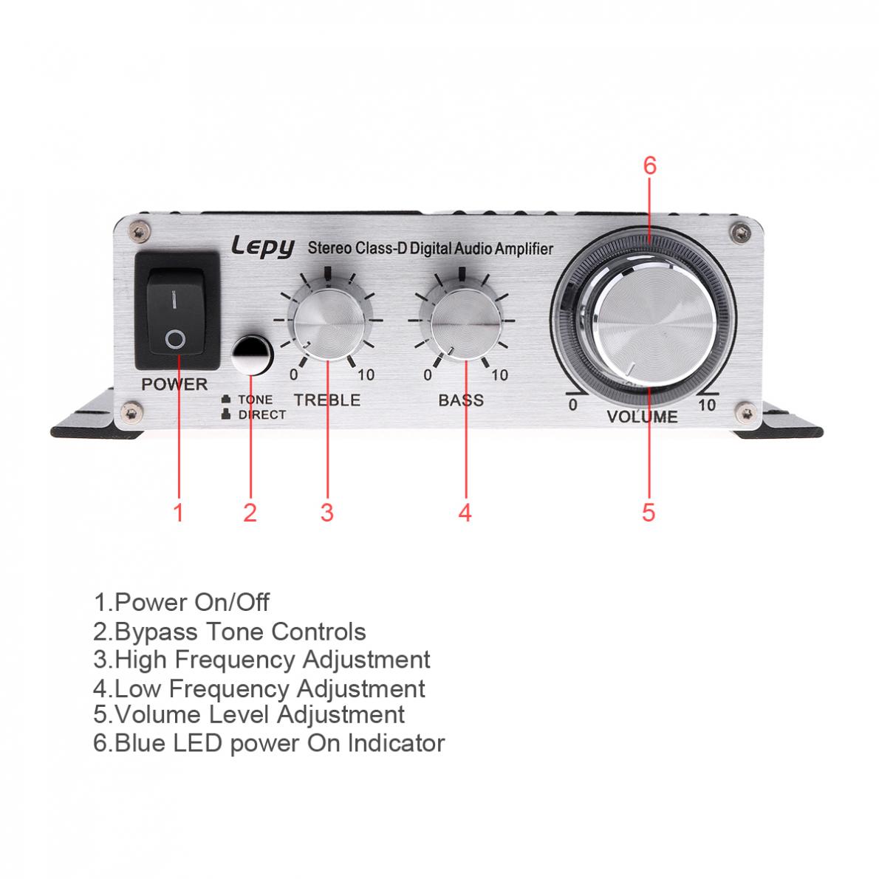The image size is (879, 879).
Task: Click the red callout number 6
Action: pyautogui.click(x=649, y=165)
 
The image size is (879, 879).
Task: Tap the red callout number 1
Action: pyautogui.click(x=178, y=511)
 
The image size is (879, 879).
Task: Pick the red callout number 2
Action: pyautogui.click(x=250, y=511)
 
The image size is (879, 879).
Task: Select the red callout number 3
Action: pyautogui.click(x=327, y=511)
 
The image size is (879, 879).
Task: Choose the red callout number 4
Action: pyautogui.click(x=465, y=511)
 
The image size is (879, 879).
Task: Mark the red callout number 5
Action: pyautogui.click(x=649, y=511)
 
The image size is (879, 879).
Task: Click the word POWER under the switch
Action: pyautogui.click(x=174, y=384)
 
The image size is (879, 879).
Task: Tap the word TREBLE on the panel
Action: pyautogui.click(x=327, y=400)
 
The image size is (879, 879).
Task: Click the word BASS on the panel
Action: pyautogui.click(x=461, y=400)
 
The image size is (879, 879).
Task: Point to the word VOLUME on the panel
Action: pyautogui.click(x=642, y=417)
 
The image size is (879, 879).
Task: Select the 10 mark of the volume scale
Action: pyautogui.click(x=707, y=405)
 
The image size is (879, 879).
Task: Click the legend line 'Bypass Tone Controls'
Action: pyautogui.click(x=230, y=632)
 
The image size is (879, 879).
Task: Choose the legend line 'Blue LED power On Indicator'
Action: pyautogui.click(x=269, y=742)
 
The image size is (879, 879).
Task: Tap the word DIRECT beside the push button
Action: pyautogui.click(x=261, y=415)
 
